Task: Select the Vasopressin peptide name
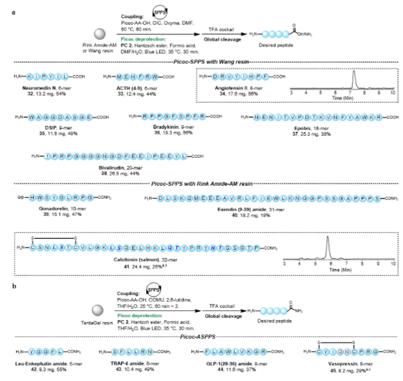point(321,367)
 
